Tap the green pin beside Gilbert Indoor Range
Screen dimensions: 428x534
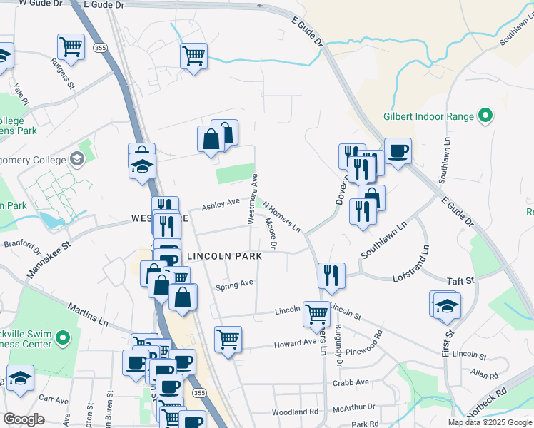[485, 116]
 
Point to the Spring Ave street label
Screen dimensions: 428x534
[235, 284]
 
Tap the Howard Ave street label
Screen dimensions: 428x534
[296, 343]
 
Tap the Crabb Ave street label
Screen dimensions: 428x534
[351, 383]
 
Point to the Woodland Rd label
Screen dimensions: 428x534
[295, 412]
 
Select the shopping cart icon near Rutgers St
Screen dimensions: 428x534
[71, 48]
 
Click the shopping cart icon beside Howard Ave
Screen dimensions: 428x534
[228, 340]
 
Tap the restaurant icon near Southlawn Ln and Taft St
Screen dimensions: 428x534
[331, 276]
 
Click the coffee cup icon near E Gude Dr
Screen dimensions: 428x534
[398, 151]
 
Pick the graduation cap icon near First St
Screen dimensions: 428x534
[447, 305]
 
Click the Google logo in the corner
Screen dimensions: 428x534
[24, 419]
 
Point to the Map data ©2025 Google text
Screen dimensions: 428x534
[490, 422]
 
